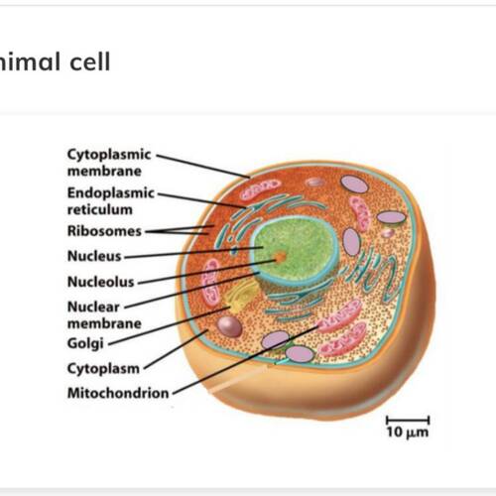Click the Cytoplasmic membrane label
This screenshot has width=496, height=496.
pyautogui.click(x=109, y=163)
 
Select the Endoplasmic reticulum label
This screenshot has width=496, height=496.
pyautogui.click(x=111, y=201)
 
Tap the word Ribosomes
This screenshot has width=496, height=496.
pyautogui.click(x=104, y=231)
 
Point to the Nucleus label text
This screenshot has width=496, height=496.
pyautogui.click(x=94, y=256)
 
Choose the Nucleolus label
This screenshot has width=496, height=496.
pyautogui.click(x=101, y=282)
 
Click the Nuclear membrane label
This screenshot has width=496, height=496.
pyautogui.click(x=104, y=315)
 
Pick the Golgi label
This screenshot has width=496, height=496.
pyautogui.click(x=85, y=343)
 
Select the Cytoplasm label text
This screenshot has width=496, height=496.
pyautogui.click(x=103, y=369)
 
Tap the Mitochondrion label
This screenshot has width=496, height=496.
pyautogui.click(x=118, y=393)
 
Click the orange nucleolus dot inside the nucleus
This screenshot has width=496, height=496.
pyautogui.click(x=281, y=257)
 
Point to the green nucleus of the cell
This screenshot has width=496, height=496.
pyautogui.click(x=296, y=248)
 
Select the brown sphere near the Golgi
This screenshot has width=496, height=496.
pyautogui.click(x=229, y=326)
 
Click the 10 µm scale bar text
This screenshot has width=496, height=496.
pyautogui.click(x=408, y=433)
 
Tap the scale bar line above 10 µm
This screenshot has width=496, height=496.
pyautogui.click(x=408, y=421)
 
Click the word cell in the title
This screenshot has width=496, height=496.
pyautogui.click(x=90, y=62)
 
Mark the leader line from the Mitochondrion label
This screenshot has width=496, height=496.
pyautogui.click(x=246, y=360)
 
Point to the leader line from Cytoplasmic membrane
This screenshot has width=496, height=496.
pyautogui.click(x=203, y=166)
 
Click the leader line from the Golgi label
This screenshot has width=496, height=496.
pyautogui.click(x=169, y=326)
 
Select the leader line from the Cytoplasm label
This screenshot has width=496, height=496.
pyautogui.click(x=177, y=349)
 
